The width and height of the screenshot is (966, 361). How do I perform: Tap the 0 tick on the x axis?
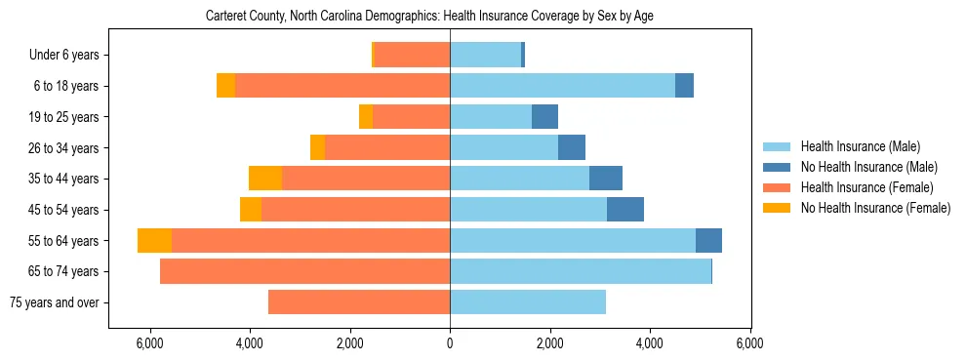pos(450,343)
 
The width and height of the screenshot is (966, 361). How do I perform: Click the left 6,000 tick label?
pos(149,343)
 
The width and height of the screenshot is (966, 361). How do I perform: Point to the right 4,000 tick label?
pos(650,343)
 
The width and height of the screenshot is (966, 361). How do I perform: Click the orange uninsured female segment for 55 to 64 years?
pos(154,241)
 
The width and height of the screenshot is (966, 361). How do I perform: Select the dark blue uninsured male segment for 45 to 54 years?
pos(625,210)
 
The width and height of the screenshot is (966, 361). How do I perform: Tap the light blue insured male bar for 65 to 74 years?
pos(581,271)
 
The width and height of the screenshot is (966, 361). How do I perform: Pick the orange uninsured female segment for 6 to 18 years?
pos(225,86)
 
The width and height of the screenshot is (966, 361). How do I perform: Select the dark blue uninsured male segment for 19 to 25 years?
pos(544,117)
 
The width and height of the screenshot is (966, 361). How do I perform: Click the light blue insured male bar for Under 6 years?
pos(485,56)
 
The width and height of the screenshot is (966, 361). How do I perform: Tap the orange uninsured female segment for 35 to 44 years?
pos(265,179)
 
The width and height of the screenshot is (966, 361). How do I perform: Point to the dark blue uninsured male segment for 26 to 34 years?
pos(572,148)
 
